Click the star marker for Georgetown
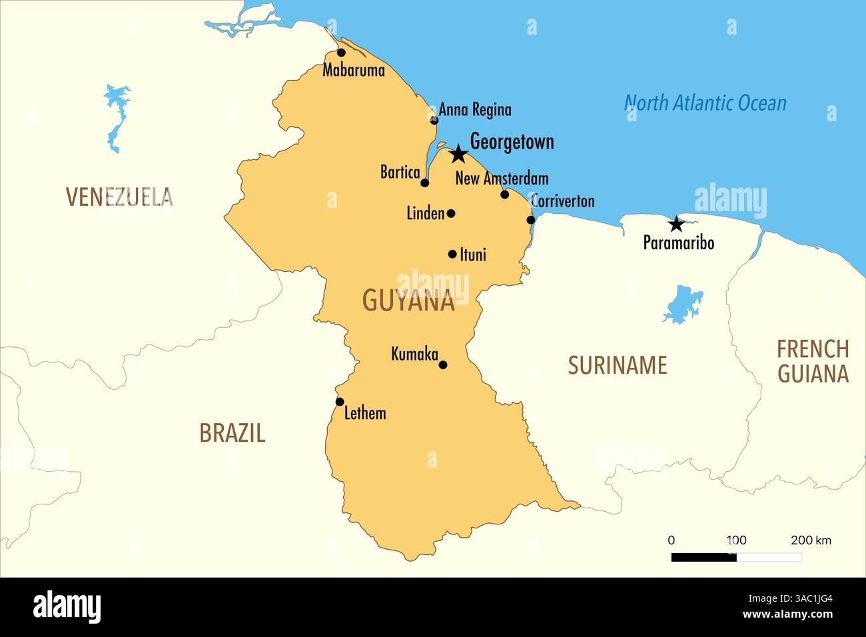[x=458, y=155]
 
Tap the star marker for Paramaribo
[x=675, y=224]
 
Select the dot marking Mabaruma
[x=341, y=53]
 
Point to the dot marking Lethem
[x=340, y=402]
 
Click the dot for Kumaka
[x=443, y=364]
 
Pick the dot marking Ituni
[x=452, y=254]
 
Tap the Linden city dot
[x=451, y=213]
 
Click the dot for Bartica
[x=425, y=183]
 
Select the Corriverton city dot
[x=531, y=220]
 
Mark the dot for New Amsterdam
[x=504, y=194]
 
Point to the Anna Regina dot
[x=434, y=120]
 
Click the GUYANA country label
[x=408, y=301]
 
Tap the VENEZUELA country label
[x=119, y=197]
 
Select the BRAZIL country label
[x=232, y=433]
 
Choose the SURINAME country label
[x=617, y=365]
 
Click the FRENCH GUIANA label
[x=812, y=360]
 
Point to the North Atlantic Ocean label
[x=705, y=103]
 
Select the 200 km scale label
[x=810, y=540]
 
